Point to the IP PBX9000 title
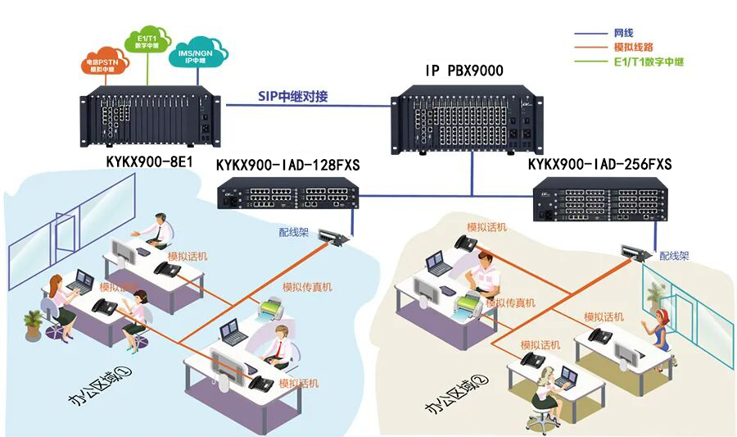[x=464, y=71]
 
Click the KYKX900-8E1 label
[x=149, y=162]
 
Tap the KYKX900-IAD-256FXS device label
[x=599, y=165]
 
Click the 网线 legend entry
[x=622, y=34]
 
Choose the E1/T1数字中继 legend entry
[x=648, y=61]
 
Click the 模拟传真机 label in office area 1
[x=307, y=287]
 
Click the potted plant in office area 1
[x=34, y=324]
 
